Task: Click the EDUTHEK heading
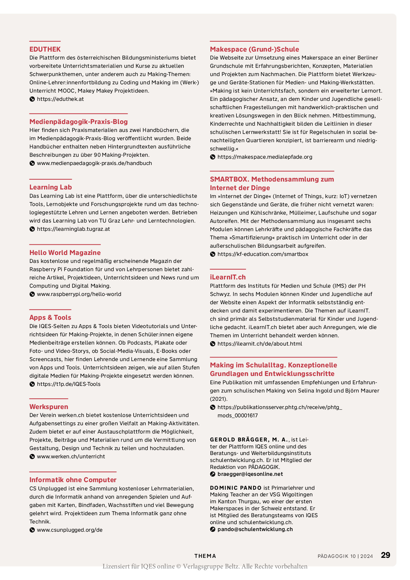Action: (x=45, y=49)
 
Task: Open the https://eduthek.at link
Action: (x=60, y=99)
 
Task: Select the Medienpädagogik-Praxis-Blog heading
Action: (x=78, y=122)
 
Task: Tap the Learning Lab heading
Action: (x=51, y=187)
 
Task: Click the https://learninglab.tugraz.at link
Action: (x=73, y=229)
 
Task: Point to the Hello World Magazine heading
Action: (x=65, y=253)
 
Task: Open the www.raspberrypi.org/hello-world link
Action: (x=79, y=294)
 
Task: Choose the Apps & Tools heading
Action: (x=50, y=317)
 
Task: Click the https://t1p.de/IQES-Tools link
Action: (x=69, y=384)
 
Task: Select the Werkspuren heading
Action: (x=49, y=407)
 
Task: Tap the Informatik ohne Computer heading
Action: (x=73, y=480)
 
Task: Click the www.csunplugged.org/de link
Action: (x=70, y=530)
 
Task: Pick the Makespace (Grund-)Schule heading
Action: (x=254, y=49)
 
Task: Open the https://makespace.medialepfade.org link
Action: (x=265, y=157)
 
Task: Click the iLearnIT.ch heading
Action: (x=228, y=277)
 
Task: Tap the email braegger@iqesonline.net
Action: (x=250, y=474)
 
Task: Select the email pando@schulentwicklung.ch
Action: (x=255, y=529)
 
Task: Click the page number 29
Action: (x=386, y=555)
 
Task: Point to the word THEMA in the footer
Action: (x=205, y=556)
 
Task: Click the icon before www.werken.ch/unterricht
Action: (x=32, y=457)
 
